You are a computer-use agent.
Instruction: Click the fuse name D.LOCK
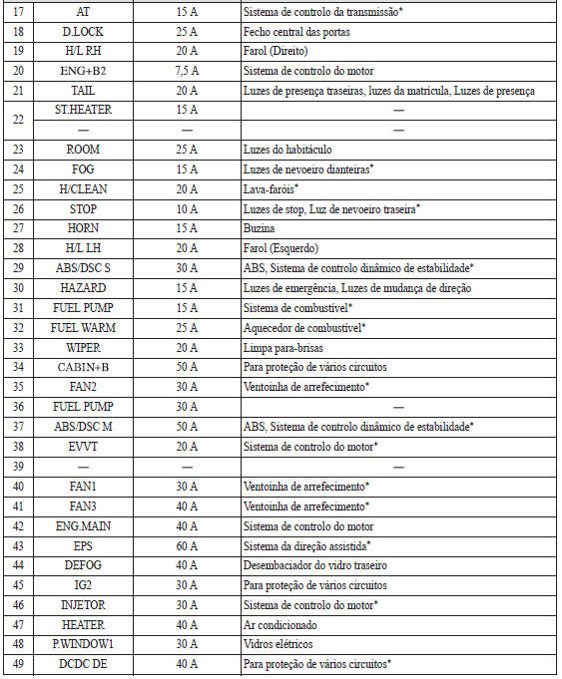click(83, 32)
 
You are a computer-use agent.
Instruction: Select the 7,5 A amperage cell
click(187, 71)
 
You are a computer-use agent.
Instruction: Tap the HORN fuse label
click(83, 227)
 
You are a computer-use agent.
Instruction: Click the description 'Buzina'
click(260, 227)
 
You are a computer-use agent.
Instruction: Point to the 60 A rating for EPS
click(187, 545)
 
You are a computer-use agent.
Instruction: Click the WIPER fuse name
click(83, 347)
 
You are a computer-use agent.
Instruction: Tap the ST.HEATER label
click(83, 110)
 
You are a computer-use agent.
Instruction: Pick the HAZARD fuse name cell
click(83, 287)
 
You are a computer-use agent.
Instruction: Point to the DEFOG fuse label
click(83, 565)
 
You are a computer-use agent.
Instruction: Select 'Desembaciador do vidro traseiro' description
click(315, 565)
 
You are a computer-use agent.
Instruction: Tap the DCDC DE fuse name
click(83, 663)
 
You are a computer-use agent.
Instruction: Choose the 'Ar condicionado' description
click(281, 624)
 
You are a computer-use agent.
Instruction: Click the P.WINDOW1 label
click(83, 644)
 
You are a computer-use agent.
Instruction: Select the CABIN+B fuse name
click(83, 367)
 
